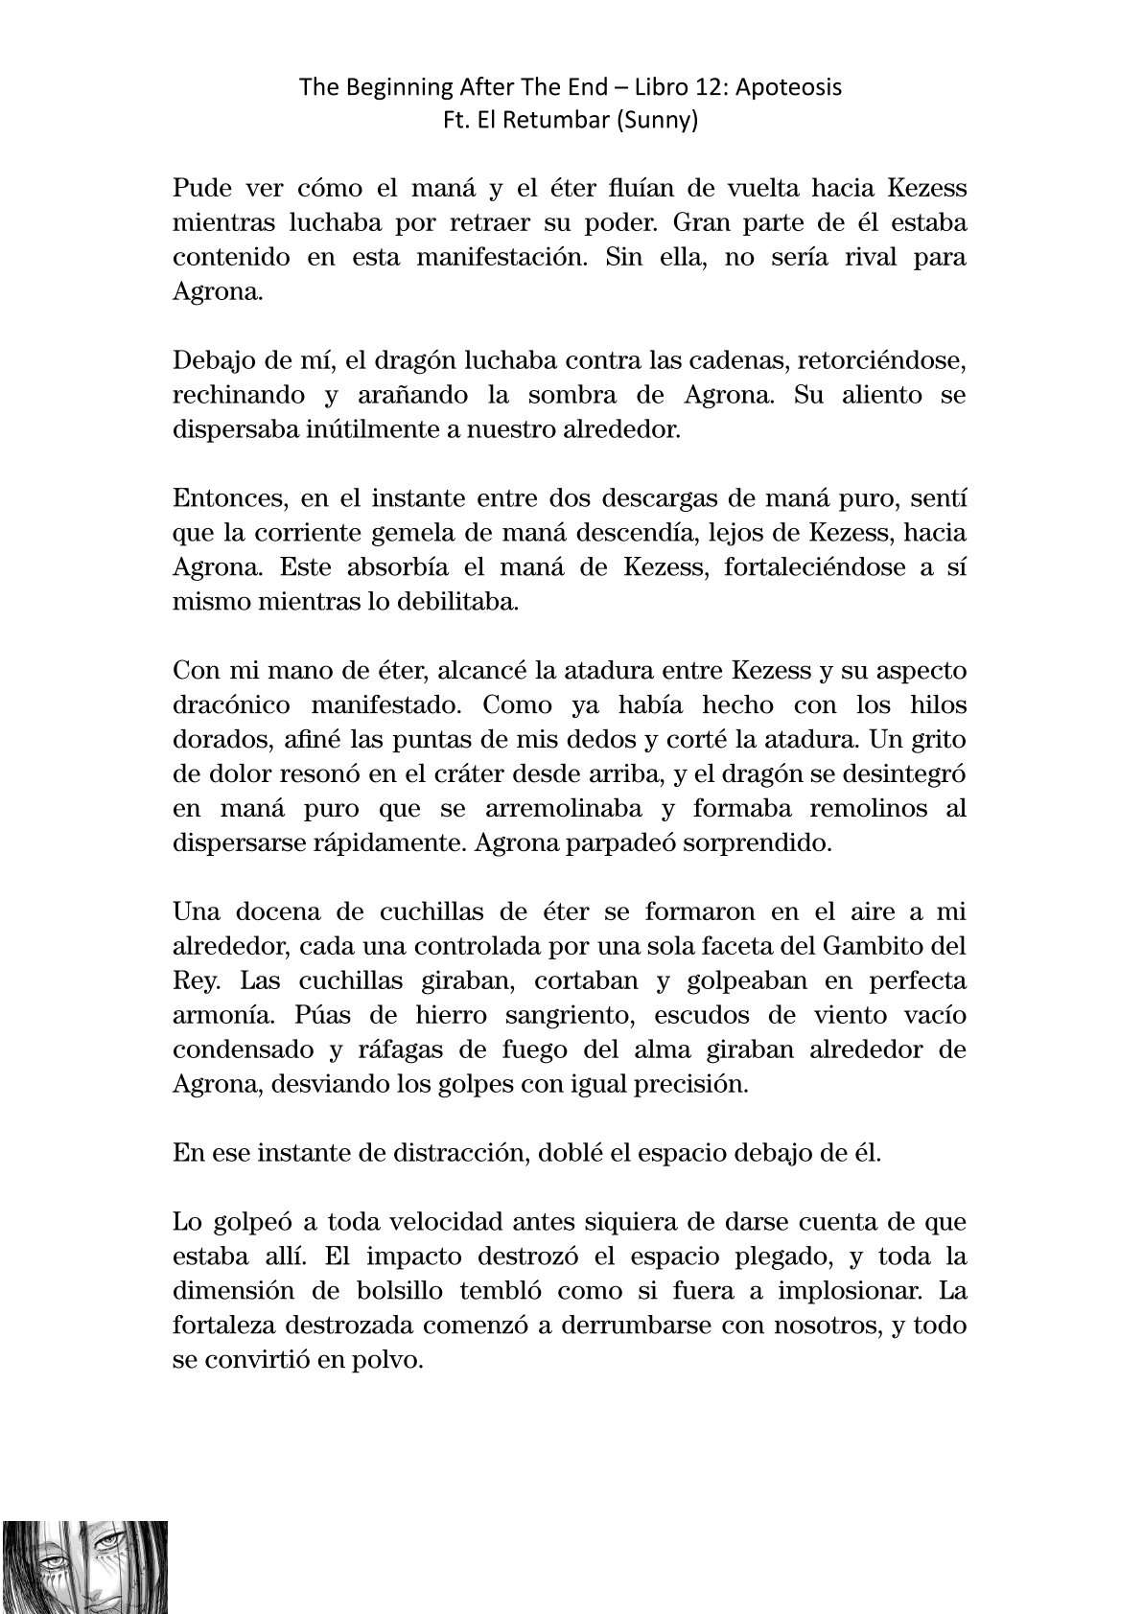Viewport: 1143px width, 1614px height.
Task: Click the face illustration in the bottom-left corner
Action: [x=84, y=1566]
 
